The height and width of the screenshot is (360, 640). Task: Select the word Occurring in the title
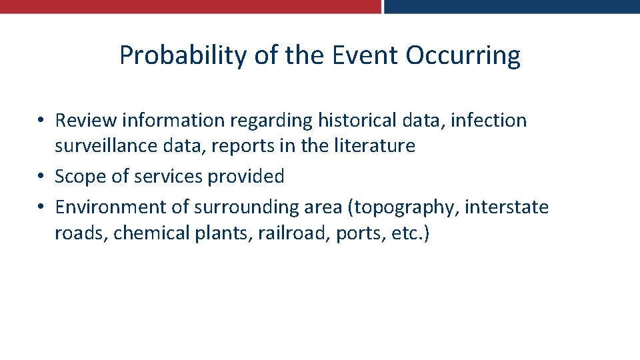pos(463,55)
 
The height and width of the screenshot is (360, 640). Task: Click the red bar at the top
pos(190,6)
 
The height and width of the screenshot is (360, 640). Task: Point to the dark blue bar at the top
pos(512,6)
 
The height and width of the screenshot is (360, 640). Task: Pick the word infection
pos(489,121)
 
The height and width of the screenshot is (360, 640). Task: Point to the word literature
pos(378,145)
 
